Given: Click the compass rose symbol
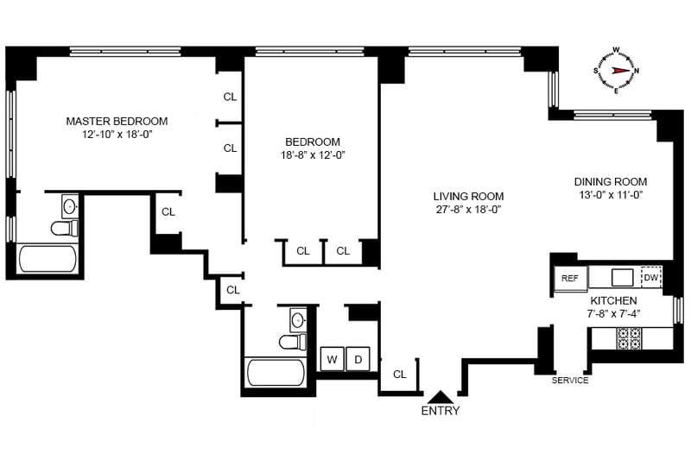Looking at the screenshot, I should coord(616,70).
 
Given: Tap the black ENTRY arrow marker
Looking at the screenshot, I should coord(440,395).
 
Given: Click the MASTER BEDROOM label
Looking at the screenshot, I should coord(117,121).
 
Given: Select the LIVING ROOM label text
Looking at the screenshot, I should coord(468,196).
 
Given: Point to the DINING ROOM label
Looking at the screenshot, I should coord(610,182).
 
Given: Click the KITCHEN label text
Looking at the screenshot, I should coord(613,300).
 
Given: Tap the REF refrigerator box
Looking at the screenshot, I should coord(570,279).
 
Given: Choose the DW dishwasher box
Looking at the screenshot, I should coord(650,278).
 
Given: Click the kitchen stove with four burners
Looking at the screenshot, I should coord(629,338).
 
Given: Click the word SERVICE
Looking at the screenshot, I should coord(570,381).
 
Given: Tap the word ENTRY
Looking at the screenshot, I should coord(440,411).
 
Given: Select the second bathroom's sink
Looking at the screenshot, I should coord(298,320).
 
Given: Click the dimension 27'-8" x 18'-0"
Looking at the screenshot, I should coord(468,210).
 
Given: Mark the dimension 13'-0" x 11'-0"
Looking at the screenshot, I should coord(610,196).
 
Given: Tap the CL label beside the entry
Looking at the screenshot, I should coord(399,375).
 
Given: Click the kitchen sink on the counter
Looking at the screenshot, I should coord(622,277).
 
